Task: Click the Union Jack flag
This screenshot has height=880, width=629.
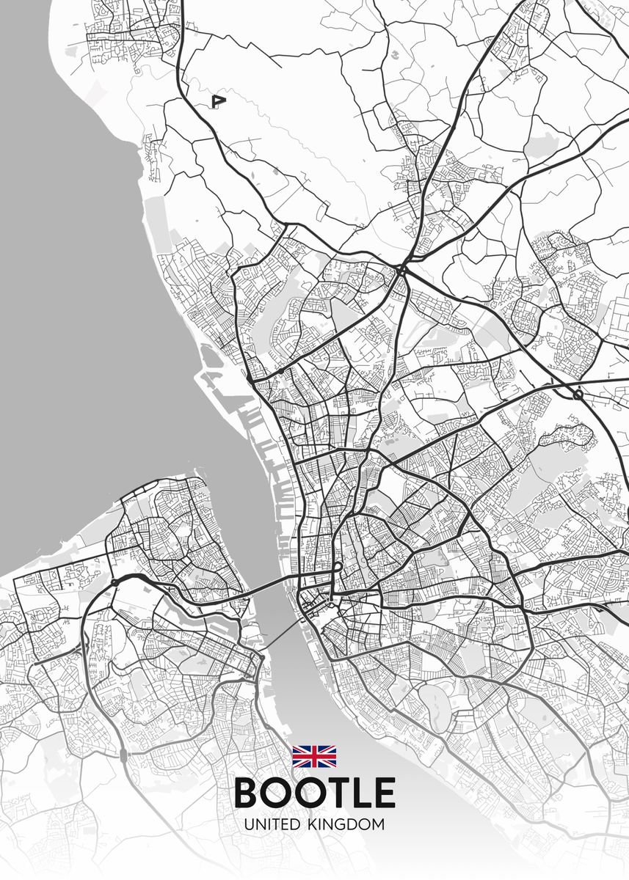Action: click(x=314, y=756)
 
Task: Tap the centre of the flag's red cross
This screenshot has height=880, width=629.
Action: click(x=314, y=756)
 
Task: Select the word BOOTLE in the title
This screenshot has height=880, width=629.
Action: click(x=314, y=793)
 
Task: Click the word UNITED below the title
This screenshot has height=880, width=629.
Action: click(x=272, y=825)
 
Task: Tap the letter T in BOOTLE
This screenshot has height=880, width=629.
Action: click(x=333, y=793)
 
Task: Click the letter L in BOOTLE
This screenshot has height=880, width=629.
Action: click(x=360, y=793)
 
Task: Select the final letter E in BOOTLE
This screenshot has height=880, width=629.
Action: click(x=384, y=793)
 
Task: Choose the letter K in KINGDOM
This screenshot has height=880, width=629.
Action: click(x=310, y=825)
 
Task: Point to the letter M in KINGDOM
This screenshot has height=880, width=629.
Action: click(x=377, y=825)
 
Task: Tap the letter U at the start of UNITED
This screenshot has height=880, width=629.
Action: click(x=250, y=825)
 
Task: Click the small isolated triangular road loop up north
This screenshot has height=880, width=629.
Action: click(x=217, y=101)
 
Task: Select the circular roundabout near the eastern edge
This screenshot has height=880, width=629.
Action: click(x=578, y=395)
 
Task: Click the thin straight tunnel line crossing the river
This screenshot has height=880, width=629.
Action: click(x=279, y=634)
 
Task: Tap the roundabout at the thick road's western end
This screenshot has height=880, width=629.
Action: click(x=114, y=583)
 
